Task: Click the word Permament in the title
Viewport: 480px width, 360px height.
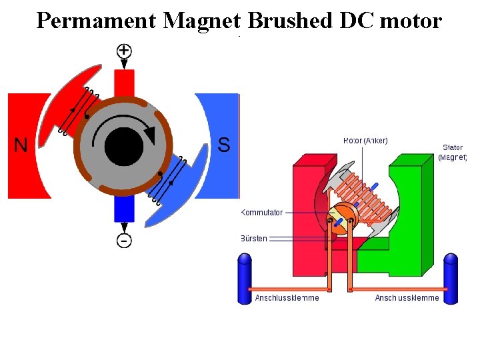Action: [97, 21]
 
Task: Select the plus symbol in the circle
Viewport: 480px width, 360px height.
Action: [125, 50]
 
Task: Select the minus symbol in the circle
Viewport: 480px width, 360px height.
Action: [125, 240]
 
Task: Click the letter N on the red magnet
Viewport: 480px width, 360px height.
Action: [21, 145]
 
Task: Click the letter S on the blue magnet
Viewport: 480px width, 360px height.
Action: [224, 145]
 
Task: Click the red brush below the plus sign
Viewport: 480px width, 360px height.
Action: [125, 84]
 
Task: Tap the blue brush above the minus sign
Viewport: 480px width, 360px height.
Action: [125, 209]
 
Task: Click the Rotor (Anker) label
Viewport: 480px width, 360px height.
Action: [365, 140]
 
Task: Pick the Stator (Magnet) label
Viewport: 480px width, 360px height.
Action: [453, 152]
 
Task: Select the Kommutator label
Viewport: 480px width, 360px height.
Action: [262, 213]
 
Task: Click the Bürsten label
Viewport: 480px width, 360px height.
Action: [254, 239]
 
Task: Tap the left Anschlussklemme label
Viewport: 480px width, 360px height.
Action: [287, 298]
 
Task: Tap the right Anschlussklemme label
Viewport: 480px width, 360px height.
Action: [407, 298]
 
